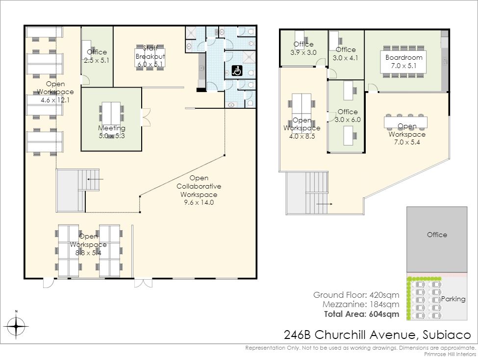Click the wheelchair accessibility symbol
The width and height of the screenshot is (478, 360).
coord(237,71)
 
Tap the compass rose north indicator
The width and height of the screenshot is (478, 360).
coord(17,324)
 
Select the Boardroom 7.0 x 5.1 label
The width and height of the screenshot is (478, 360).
coord(403,62)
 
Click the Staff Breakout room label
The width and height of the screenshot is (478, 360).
coord(151,56)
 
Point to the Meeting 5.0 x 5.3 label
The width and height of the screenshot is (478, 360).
coord(112,132)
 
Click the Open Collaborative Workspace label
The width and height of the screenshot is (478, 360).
coord(199,190)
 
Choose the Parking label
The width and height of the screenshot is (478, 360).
coord(453,299)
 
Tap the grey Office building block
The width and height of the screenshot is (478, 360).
coord(436,240)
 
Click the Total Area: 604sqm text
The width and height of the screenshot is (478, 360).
coord(361,314)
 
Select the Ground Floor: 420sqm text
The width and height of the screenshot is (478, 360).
coord(356,295)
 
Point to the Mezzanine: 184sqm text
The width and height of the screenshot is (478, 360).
coord(361,304)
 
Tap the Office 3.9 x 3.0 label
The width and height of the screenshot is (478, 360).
coord(303,48)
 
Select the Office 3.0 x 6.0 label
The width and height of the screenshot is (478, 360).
coord(348,116)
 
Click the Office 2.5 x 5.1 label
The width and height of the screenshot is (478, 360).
coord(97,56)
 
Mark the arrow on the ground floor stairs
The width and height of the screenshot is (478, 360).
coord(96,179)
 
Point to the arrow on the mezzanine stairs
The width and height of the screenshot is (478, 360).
coord(325,204)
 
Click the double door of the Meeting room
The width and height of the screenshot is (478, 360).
coord(146,117)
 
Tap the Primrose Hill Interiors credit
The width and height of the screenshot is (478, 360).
coord(450,354)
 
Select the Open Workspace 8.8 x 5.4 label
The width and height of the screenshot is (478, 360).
coord(88,244)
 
